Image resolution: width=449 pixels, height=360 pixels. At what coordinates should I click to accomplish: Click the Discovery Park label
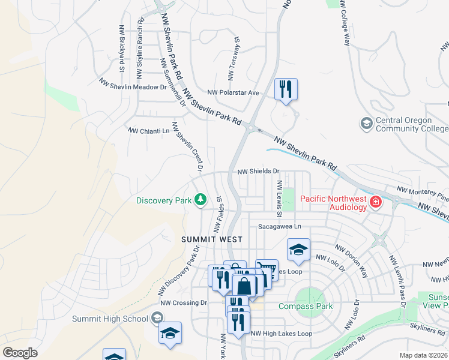pyautogui.click(x=164, y=200)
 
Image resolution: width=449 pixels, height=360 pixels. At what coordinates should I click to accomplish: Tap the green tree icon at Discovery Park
pyautogui.click(x=201, y=200)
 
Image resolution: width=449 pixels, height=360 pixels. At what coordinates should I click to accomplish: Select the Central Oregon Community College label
pyautogui.click(x=411, y=125)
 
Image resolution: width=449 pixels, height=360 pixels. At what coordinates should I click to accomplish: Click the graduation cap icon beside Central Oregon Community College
pyautogui.click(x=366, y=124)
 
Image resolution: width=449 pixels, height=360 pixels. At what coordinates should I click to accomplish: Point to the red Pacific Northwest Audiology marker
pyautogui.click(x=376, y=202)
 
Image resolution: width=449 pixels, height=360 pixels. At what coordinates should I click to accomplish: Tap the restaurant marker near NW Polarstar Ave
pyautogui.click(x=286, y=90)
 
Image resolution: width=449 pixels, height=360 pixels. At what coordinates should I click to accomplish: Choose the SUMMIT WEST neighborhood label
pyautogui.click(x=203, y=239)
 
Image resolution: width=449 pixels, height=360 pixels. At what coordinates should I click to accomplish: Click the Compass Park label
pyautogui.click(x=306, y=306)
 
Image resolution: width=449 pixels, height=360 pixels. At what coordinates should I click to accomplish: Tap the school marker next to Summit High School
pyautogui.click(x=170, y=334)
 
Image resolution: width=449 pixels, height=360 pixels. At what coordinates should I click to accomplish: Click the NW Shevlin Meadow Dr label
pyautogui.click(x=133, y=86)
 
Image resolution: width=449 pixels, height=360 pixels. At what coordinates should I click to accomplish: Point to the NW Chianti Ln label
pyautogui.click(x=149, y=130)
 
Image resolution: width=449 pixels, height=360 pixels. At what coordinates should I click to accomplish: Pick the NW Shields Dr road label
pyautogui.click(x=259, y=171)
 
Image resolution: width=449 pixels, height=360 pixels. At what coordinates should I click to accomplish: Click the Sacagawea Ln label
pyautogui.click(x=279, y=226)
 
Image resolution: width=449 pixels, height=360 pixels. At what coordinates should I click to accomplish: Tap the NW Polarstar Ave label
pyautogui.click(x=233, y=92)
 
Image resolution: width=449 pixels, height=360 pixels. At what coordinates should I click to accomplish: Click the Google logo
pyautogui.click(x=20, y=353)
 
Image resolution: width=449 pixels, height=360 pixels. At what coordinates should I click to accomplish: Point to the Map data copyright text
pyautogui.click(x=423, y=355)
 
